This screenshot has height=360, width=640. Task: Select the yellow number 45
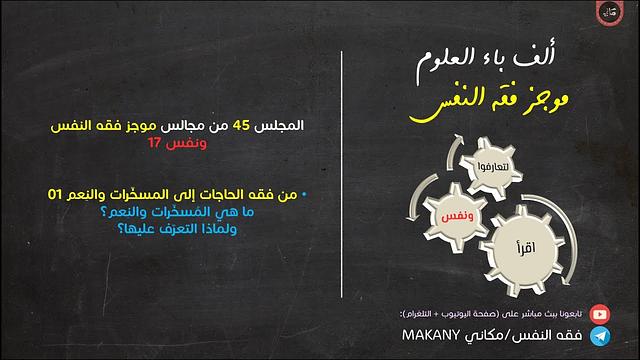point(242,126)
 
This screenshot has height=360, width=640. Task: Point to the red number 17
point(159,142)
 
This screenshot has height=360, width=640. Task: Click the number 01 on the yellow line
point(62,194)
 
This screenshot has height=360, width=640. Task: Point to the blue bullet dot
point(304,193)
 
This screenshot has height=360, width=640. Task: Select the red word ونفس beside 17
point(188,142)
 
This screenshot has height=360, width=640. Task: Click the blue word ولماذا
point(274,228)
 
